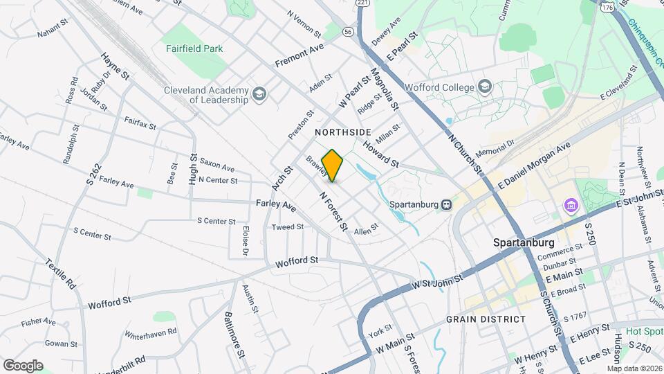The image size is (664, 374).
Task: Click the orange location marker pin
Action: tap(333, 166)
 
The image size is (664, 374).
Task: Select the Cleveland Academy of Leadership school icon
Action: tap(259, 94)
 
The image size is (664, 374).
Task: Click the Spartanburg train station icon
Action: tap(447, 205)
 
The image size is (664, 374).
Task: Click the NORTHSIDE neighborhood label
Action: tap(343, 132)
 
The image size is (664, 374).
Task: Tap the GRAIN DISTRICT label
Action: tap(486, 319)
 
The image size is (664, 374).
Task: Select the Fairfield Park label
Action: tap(194, 49)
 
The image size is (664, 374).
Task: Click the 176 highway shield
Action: tap(607, 7)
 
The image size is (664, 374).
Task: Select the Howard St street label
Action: tap(380, 154)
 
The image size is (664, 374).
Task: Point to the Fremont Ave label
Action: tap(299, 55)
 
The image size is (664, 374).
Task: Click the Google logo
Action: tap(23, 365)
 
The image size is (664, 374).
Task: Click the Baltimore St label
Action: tap(234, 334)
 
